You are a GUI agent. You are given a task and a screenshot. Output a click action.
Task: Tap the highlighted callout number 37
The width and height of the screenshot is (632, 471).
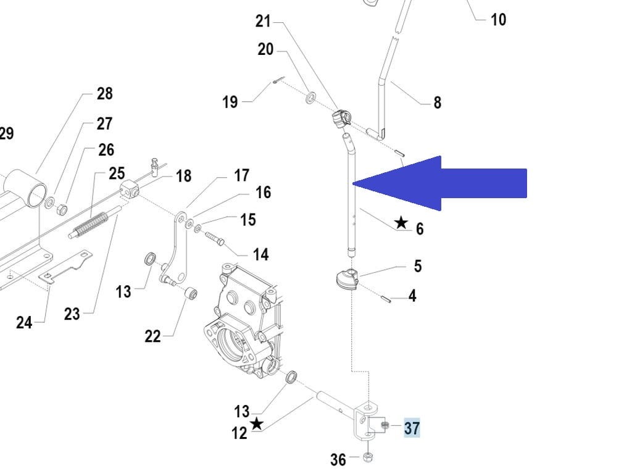[412, 427]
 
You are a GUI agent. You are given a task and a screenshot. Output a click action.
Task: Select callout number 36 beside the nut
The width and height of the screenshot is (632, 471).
[338, 459]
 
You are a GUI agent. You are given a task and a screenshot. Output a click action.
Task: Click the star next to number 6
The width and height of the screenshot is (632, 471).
[401, 222]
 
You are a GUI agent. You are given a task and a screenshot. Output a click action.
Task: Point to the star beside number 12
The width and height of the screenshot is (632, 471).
[256, 423]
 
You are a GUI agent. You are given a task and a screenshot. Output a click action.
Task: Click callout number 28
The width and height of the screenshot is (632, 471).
[105, 93]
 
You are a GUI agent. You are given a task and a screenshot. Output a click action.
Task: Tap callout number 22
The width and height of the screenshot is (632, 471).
[152, 336]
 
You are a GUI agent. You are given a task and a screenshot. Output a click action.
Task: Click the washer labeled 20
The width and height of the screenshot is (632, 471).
[310, 96]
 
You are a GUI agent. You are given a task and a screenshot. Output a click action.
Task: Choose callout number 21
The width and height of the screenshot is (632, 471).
[263, 21]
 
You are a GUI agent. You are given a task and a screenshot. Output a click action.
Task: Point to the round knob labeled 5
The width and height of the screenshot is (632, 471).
[347, 279]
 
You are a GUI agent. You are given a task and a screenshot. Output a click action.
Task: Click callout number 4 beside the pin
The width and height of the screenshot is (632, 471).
[412, 296]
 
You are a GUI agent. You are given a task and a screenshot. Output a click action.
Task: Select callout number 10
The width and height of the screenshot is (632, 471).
[498, 20]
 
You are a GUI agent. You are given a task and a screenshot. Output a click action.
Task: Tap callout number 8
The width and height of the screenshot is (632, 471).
[438, 102]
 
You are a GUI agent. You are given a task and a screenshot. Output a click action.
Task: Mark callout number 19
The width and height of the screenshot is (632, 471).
[230, 101]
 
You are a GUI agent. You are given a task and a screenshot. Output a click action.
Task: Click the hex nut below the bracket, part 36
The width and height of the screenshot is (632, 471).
[367, 457]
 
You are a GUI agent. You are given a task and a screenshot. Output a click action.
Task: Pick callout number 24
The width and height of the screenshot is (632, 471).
[24, 322]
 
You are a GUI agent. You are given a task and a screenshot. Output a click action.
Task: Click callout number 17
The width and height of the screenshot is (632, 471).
[241, 176]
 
